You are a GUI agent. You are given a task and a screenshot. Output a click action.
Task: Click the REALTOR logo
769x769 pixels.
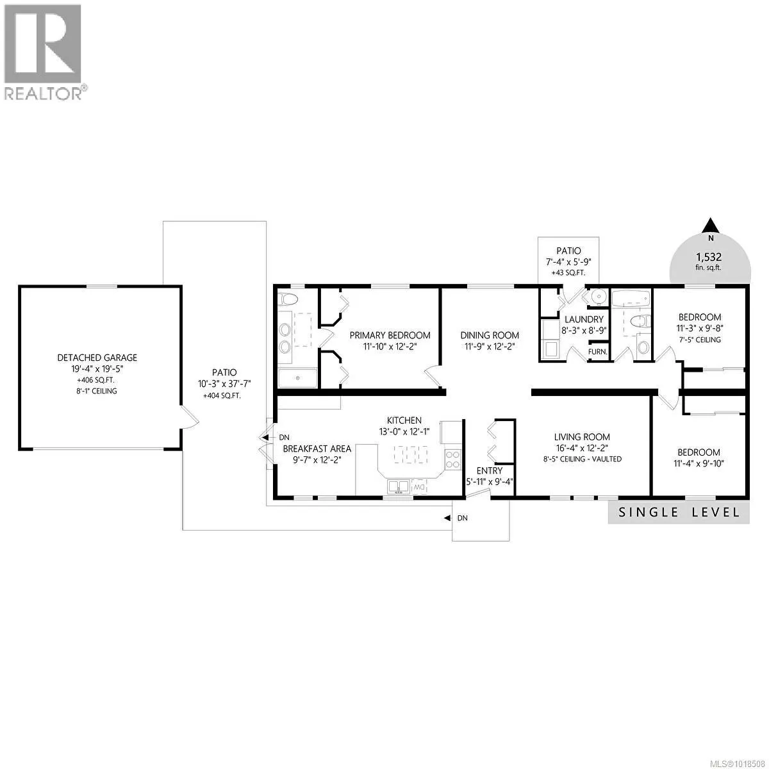(42, 51)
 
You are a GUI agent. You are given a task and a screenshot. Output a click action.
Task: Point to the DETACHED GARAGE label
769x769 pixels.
(97, 358)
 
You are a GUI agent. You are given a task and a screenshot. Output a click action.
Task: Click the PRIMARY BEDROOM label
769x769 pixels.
(390, 335)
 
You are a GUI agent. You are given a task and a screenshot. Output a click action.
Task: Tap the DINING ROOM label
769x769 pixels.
(490, 335)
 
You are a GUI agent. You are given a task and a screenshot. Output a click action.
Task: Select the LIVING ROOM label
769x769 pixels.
(583, 437)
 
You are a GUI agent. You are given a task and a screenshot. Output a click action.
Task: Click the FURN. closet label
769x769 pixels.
(598, 352)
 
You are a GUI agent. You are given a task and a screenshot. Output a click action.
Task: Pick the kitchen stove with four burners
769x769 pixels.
(452, 459)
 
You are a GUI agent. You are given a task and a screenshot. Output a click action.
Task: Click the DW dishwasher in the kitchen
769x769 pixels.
(420, 487)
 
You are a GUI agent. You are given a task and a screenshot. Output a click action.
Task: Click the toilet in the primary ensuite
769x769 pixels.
(288, 299)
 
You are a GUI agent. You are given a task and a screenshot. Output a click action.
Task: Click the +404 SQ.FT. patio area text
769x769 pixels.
(224, 396)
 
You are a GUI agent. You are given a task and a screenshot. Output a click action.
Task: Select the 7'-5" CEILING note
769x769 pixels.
(700, 340)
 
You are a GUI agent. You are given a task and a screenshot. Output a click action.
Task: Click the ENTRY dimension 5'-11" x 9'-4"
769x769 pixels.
(489, 482)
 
